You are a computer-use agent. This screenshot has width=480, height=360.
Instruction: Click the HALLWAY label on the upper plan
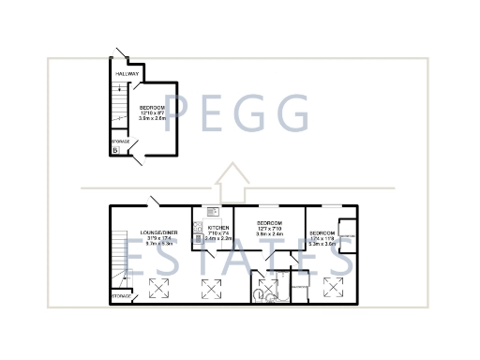[x=127, y=73]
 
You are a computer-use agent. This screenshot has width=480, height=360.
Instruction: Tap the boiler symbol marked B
[x=115, y=149]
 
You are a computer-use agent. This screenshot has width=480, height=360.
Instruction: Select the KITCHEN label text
[x=218, y=228]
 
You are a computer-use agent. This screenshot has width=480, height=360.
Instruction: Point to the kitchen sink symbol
[x=213, y=211]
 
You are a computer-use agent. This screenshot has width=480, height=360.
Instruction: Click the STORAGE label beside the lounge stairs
[x=121, y=295]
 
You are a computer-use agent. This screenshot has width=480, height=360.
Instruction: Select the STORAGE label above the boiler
[x=120, y=142]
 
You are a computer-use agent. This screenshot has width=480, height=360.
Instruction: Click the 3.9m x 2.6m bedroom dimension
[x=151, y=119]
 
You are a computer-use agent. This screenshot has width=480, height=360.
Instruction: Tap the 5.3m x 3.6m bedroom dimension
[x=323, y=243]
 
